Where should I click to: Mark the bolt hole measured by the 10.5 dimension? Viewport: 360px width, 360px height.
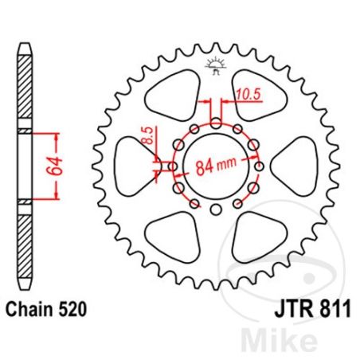(216, 123)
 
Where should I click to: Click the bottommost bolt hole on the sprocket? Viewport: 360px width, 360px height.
(216, 209)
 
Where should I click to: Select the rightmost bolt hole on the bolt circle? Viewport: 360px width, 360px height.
(260, 166)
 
